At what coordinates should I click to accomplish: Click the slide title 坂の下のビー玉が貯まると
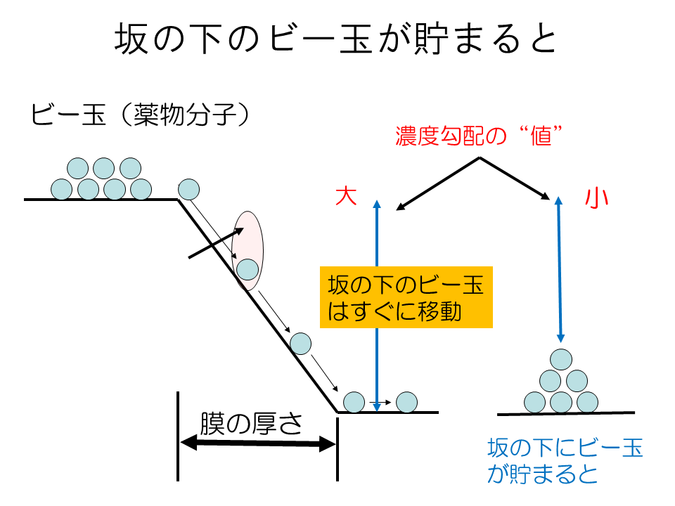click(336, 41)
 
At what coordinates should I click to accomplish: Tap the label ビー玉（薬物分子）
click(141, 115)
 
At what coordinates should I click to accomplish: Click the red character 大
click(346, 197)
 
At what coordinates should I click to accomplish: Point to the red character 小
click(596, 198)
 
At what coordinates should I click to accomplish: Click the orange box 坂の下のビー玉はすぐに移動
click(406, 297)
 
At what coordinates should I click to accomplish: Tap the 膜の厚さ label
click(251, 424)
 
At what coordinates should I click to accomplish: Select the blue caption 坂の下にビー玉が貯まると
click(565, 460)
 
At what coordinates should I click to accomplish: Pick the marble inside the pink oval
click(247, 268)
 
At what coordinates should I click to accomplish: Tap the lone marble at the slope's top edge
click(189, 189)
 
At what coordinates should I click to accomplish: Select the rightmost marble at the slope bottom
click(406, 402)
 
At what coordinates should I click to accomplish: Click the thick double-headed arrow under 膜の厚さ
click(257, 443)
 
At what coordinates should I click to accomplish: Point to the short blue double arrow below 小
click(560, 268)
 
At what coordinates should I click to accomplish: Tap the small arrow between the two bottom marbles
click(380, 403)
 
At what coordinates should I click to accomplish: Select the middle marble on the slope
click(300, 343)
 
